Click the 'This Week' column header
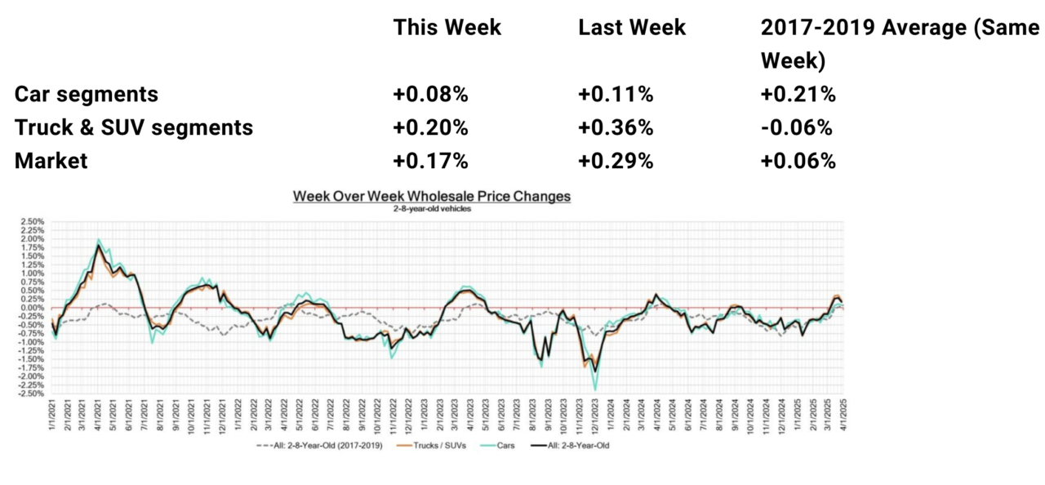click(x=447, y=27)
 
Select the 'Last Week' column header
click(x=632, y=27)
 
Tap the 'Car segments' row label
click(x=86, y=94)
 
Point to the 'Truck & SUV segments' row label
click(x=134, y=127)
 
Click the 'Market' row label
click(x=51, y=161)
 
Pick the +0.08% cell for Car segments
click(x=430, y=94)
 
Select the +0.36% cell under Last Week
click(x=616, y=127)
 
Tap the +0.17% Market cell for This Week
click(x=430, y=161)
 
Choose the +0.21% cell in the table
click(x=798, y=94)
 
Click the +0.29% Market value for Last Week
click(x=616, y=161)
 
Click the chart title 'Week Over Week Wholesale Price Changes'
click(x=432, y=196)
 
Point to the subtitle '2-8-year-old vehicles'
click(x=432, y=208)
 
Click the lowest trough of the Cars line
click(x=595, y=389)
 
